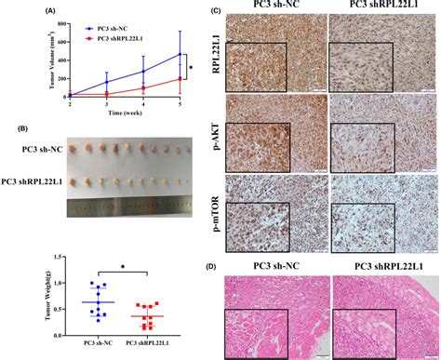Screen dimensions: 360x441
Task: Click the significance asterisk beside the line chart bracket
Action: (191, 67)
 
